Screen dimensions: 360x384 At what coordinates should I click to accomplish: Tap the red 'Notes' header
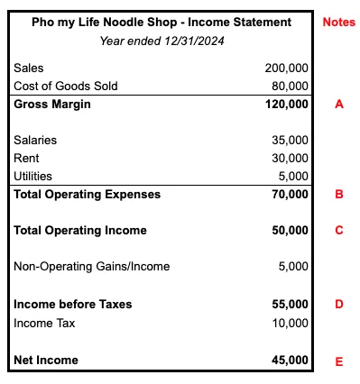point(338,22)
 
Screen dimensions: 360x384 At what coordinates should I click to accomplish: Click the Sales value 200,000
point(287,68)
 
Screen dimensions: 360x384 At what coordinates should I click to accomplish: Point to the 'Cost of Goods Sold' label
point(66,86)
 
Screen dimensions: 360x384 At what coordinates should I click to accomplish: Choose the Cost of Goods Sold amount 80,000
point(290,86)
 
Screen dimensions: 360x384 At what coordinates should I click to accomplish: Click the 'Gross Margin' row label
point(53,104)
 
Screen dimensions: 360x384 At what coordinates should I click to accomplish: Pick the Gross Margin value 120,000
point(286,104)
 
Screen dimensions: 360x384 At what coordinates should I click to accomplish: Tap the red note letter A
point(338,104)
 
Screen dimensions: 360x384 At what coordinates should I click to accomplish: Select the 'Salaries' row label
point(35,140)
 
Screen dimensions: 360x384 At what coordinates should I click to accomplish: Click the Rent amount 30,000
point(290,158)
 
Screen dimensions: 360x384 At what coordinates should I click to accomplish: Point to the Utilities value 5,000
point(293,176)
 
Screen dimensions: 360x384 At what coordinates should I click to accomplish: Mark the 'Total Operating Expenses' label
point(87,194)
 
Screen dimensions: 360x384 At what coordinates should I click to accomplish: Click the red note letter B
point(338,194)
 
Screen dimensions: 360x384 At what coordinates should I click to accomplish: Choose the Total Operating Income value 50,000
point(290,230)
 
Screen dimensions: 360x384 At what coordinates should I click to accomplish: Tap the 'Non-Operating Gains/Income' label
point(91,266)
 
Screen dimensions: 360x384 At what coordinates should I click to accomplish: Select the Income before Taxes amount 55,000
point(290,304)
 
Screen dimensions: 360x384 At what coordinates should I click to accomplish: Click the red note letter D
point(338,304)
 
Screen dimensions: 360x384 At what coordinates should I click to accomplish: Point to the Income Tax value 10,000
point(290,322)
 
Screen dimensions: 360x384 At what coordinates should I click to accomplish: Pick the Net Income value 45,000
point(290,360)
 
